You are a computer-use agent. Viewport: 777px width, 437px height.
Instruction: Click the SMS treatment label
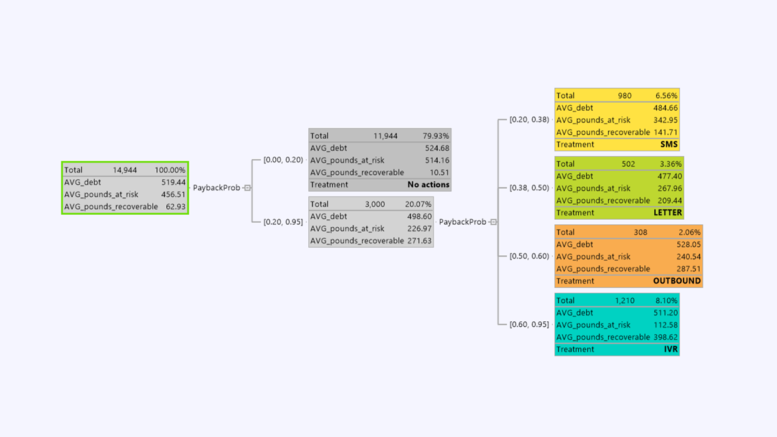[669, 144]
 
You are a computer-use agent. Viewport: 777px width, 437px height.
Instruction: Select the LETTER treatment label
[667, 213]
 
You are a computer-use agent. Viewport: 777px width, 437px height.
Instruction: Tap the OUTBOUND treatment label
[677, 281]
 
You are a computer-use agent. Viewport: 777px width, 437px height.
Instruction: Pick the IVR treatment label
[671, 350]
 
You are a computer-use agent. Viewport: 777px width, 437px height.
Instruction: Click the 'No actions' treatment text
[428, 185]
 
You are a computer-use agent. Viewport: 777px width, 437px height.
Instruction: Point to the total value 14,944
[126, 170]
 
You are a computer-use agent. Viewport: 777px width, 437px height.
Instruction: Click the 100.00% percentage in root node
[170, 170]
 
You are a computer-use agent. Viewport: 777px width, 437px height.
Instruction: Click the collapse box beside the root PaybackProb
[247, 188]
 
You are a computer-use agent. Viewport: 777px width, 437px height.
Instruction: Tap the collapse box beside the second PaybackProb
[493, 222]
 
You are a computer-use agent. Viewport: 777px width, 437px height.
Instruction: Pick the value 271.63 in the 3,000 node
[419, 241]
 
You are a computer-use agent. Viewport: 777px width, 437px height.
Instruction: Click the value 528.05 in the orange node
[689, 245]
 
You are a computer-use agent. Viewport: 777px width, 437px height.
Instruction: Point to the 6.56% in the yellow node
[666, 96]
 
